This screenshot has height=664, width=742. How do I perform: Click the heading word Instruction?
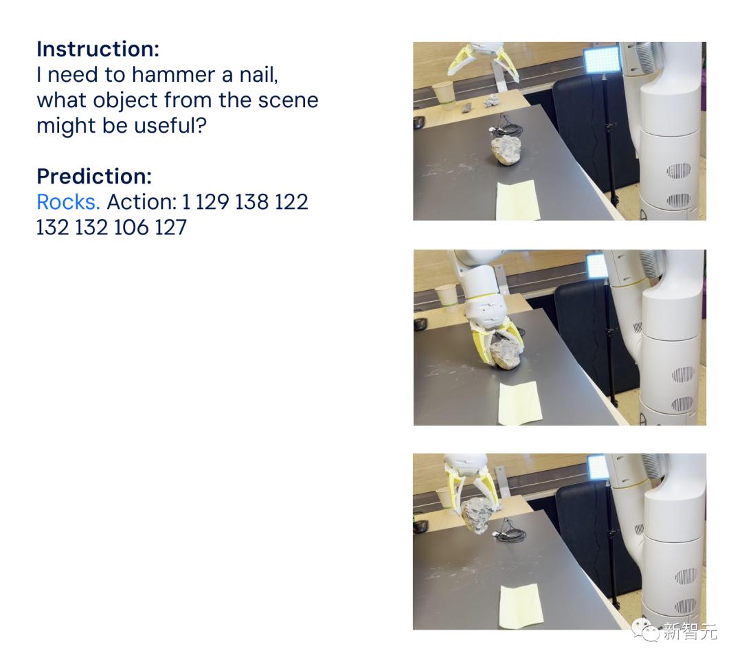[x=98, y=49]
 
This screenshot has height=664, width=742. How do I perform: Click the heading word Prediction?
[x=94, y=176]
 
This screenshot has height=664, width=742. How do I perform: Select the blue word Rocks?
[x=68, y=202]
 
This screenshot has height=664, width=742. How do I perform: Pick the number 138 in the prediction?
[x=251, y=202]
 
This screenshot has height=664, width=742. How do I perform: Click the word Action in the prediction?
[x=141, y=202]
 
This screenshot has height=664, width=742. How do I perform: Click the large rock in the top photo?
[x=506, y=150]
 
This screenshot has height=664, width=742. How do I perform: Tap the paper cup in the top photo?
[x=444, y=92]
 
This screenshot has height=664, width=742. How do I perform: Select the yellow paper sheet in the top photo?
[x=518, y=200]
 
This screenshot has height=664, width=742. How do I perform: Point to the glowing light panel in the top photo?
[x=601, y=60]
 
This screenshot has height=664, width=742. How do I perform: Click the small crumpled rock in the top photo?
[x=493, y=100]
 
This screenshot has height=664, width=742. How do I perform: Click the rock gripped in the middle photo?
[x=506, y=354]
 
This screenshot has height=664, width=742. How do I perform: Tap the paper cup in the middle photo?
[x=447, y=296]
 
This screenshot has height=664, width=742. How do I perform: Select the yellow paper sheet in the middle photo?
[x=520, y=403]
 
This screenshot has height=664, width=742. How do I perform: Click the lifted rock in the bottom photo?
[x=478, y=516]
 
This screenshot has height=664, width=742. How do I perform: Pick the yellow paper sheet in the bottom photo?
[x=521, y=606]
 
